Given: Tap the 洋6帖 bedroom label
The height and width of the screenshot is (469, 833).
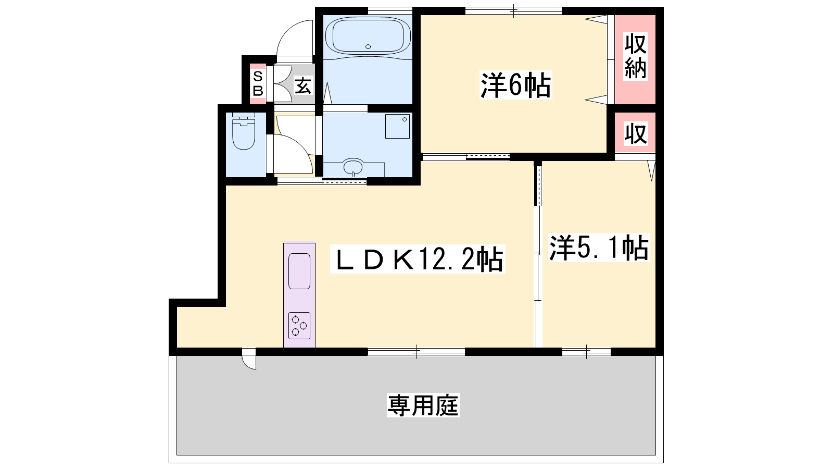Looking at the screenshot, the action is (x=516, y=85).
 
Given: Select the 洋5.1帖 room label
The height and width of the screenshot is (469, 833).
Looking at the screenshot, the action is (x=599, y=248).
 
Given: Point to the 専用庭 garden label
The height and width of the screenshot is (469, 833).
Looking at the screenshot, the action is (x=423, y=405).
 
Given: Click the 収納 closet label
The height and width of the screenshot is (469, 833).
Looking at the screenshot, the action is (x=635, y=56).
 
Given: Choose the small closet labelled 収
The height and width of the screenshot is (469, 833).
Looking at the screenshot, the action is (x=636, y=133).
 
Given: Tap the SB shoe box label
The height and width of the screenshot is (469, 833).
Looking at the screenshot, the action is (x=258, y=84).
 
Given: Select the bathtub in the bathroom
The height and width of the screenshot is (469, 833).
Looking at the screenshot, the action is (x=368, y=36).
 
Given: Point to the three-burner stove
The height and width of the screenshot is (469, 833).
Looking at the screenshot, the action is (x=299, y=326).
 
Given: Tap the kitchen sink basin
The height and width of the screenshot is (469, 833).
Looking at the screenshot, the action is (x=299, y=271).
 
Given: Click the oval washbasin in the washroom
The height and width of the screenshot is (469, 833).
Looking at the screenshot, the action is (x=354, y=166).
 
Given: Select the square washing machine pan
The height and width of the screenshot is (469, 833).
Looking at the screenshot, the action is (x=397, y=126).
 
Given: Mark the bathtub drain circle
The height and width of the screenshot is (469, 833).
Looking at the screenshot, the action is (x=368, y=46).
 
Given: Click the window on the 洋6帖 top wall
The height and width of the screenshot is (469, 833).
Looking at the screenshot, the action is (x=513, y=11).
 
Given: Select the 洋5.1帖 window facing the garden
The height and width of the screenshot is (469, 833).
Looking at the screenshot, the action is (x=586, y=352).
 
